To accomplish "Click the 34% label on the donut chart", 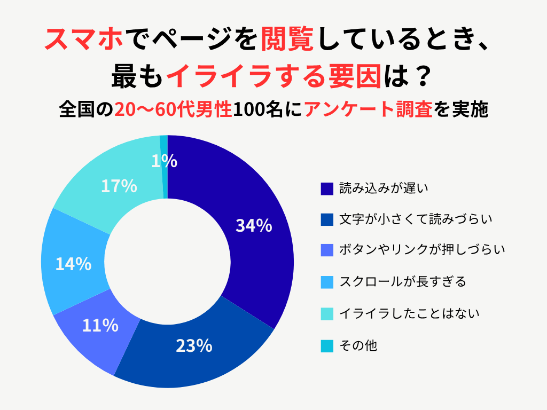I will (x=254, y=226).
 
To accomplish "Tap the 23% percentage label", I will (x=194, y=346).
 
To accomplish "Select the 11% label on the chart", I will (x=100, y=325).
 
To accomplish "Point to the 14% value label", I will (x=73, y=264).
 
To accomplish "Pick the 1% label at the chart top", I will (x=164, y=161).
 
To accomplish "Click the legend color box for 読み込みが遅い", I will (x=327, y=188).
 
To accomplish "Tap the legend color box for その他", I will (x=327, y=346).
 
